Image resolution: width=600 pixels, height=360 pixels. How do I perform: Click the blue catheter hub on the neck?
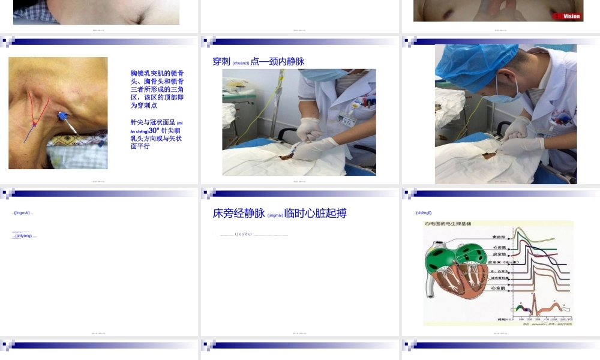61,116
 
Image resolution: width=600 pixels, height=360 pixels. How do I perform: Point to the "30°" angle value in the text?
154,130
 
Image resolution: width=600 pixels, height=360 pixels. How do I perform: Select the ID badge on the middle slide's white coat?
347,118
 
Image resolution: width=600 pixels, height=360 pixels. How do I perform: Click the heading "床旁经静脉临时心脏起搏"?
280,213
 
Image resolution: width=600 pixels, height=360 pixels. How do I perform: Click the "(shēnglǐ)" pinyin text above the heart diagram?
423,213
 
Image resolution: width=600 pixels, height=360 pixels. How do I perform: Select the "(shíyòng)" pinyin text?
25,236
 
